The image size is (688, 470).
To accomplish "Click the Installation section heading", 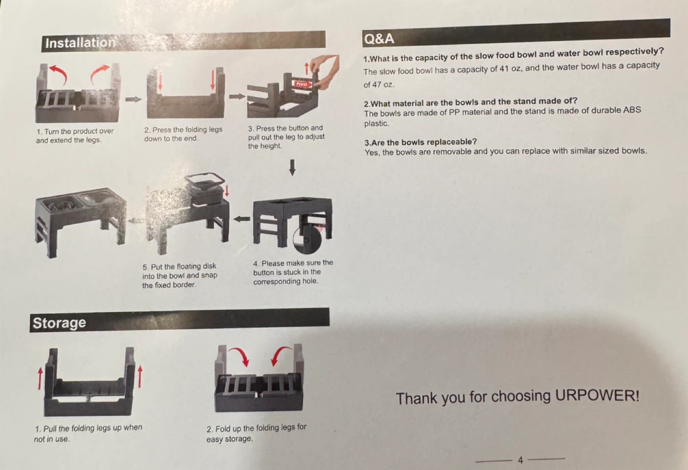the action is coord(80,43).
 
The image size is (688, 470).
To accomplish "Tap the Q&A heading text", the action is coord(379,39).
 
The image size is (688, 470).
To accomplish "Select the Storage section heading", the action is coord(59,323).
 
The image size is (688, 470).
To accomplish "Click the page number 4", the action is coord(520,460).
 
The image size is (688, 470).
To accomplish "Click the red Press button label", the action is coord(302,84).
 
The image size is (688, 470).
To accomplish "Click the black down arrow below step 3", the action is coord(292,167).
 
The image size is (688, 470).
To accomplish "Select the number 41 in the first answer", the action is coord(504,68).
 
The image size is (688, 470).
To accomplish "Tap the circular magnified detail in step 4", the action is coord(307,240).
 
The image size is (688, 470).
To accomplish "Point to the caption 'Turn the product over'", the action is coord(79,131).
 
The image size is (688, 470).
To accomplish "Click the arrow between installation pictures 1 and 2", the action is coord(134,99).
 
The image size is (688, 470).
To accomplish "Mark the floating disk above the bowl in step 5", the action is coord(204,181).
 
